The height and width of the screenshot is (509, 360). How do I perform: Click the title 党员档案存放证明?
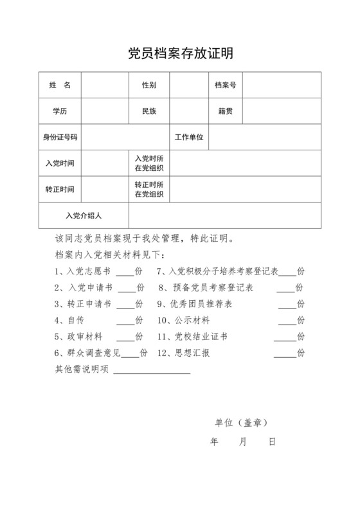(x=179, y=53)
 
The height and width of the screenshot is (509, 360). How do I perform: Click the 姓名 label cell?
(x=60, y=85)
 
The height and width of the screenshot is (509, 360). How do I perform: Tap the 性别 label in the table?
(x=149, y=85)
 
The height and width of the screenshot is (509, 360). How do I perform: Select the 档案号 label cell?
(x=225, y=85)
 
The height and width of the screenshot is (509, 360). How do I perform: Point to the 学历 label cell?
(x=60, y=111)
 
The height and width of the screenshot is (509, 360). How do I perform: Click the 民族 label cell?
(x=149, y=111)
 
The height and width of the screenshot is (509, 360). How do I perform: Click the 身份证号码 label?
(x=60, y=137)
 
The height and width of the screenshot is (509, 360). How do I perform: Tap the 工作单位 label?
(x=189, y=137)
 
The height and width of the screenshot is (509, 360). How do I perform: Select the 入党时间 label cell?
(x=60, y=163)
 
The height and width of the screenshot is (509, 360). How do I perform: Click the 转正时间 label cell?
(x=60, y=190)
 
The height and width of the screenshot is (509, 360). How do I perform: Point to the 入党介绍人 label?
(x=84, y=215)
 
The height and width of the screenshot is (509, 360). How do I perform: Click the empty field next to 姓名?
(x=104, y=85)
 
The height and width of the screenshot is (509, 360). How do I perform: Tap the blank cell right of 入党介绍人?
(x=224, y=215)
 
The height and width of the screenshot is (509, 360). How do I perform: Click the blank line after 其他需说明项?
(x=152, y=370)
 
